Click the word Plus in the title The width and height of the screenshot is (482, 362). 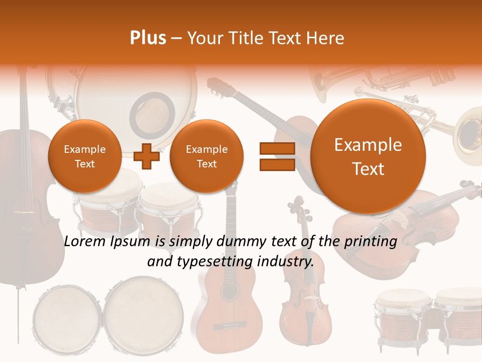[x=148, y=38]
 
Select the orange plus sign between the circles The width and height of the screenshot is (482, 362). [x=147, y=156]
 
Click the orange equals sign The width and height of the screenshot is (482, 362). [x=277, y=156]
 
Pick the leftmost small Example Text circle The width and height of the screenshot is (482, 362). [x=84, y=156]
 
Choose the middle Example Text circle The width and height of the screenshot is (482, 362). [x=206, y=156]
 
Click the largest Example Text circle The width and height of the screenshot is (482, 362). [x=368, y=156]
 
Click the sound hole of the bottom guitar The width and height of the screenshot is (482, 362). [x=229, y=292]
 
